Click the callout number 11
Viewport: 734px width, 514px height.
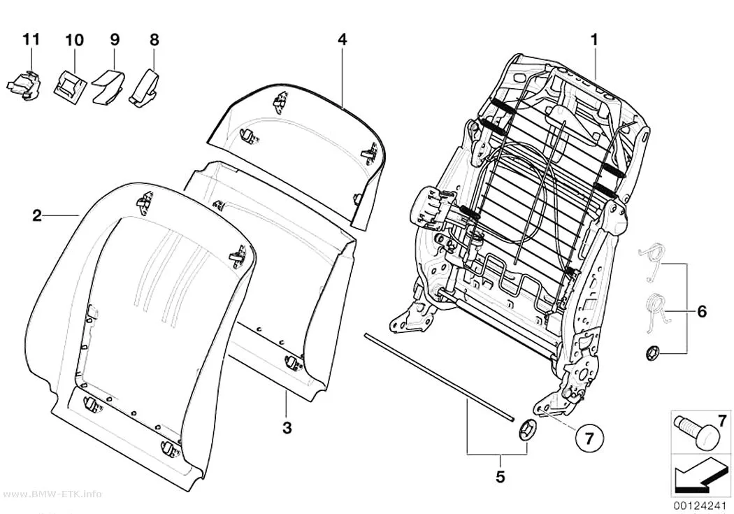click(x=31, y=39)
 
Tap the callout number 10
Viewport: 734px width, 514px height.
click(x=74, y=40)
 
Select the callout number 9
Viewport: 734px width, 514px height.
click(x=115, y=39)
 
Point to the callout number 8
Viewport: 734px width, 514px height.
click(x=154, y=40)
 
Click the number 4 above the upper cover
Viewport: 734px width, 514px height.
click(x=343, y=39)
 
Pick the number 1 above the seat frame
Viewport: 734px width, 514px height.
click(x=594, y=39)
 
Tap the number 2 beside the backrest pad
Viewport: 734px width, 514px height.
click(x=37, y=216)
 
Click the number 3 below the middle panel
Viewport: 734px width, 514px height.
click(x=287, y=427)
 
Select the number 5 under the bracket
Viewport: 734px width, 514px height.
click(x=501, y=477)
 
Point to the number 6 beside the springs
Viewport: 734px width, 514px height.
click(x=702, y=311)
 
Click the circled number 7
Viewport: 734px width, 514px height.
click(x=589, y=438)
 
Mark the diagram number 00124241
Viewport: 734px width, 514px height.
click(x=700, y=506)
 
